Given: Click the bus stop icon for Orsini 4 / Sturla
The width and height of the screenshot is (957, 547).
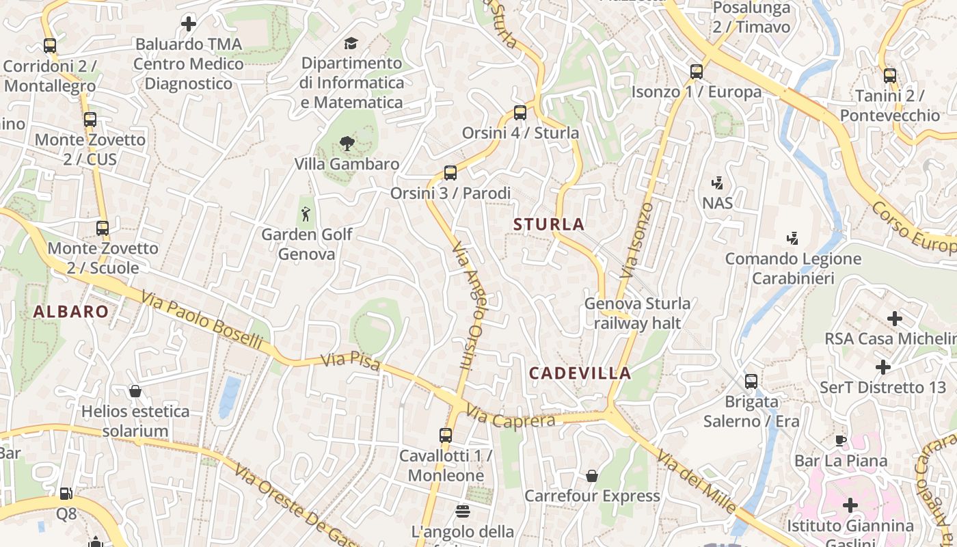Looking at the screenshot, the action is tap(520, 113).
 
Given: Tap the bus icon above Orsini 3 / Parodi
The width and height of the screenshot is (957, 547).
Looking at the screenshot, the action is tap(450, 173).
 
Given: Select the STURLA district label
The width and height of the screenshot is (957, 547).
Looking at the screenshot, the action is tap(549, 224).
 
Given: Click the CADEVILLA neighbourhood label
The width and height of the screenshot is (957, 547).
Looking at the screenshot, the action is tap(580, 373).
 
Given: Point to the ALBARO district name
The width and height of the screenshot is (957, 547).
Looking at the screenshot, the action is tap(71, 312).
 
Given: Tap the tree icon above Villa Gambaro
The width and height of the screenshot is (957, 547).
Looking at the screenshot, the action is tap(347, 144).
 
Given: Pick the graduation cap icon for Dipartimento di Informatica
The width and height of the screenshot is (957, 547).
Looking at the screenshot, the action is tap(351, 43).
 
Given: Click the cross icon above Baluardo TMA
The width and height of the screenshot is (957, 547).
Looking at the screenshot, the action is tap(188, 25).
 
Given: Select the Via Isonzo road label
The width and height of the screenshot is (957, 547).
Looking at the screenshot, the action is tap(636, 239).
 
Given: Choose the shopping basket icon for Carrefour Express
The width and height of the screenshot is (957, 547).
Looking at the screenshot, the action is tap(592, 476).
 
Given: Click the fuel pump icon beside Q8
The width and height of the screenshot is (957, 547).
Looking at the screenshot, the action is tap(66, 493).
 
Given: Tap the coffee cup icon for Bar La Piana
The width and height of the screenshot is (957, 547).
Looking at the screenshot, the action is tap(841, 440).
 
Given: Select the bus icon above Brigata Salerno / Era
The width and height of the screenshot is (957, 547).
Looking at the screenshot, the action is tap(751, 382).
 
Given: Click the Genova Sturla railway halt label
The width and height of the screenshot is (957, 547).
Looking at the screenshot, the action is tap(637, 312).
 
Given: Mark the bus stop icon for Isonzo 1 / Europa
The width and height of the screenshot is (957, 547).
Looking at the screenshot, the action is tap(697, 72).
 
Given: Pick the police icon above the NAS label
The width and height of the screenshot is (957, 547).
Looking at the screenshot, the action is tap(717, 183).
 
